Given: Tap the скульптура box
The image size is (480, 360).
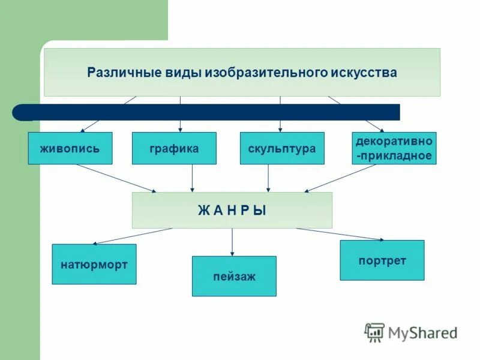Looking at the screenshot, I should pos(282,148).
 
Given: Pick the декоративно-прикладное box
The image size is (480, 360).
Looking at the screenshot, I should pos(394,148).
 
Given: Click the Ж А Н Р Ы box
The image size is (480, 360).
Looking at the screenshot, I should pos(232,210).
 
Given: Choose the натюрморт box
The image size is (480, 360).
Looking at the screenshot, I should pos(94,264).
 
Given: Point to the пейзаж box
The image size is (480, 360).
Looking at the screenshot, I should pos(234,276).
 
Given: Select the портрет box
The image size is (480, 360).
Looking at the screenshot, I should pos(382,260).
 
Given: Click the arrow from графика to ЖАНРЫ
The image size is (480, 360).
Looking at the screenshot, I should pos(192,178).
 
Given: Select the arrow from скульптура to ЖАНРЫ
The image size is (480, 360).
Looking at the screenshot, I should pos(268,178).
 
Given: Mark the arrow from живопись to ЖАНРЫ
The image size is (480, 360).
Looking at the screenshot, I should pos(115,178).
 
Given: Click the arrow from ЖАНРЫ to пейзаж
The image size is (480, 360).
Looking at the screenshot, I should pos(232,242).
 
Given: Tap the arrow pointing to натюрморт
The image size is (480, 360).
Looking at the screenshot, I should pos(132,236).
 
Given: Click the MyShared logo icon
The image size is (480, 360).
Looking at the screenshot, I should pos(374,332).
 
